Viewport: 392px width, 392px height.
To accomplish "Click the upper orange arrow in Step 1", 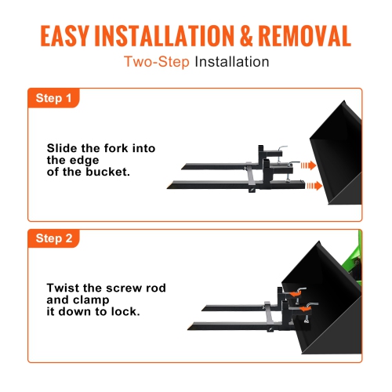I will coord(310,165).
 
